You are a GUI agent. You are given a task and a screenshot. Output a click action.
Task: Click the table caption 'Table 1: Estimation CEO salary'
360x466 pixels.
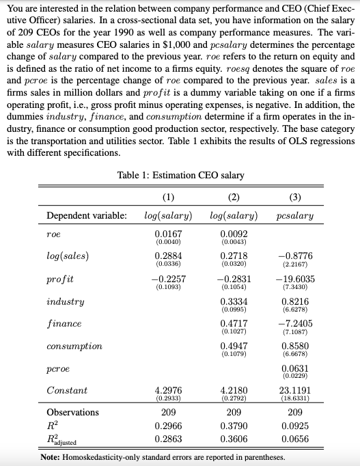pos(180,176)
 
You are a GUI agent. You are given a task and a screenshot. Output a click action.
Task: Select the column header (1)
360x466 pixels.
pos(167,198)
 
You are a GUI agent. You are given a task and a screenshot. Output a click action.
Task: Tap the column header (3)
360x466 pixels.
pos(296,198)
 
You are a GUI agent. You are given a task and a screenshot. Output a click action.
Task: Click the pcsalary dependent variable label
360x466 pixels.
pos(296,216)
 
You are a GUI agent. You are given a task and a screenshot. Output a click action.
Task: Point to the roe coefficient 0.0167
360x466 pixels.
pos(167,234)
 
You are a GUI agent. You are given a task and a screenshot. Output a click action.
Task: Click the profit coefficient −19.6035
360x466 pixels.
pos(296,279)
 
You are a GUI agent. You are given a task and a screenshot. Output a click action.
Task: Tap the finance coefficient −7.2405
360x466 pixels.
pos(296,324)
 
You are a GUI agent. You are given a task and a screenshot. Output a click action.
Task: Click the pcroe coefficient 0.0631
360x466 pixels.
pos(296,369)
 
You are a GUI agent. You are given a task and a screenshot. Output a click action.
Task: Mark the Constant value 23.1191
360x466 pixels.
pos(296,391)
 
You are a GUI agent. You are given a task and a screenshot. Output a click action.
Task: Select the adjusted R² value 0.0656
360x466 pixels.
pos(296,438)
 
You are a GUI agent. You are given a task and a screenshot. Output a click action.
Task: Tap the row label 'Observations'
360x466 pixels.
pos(72,413)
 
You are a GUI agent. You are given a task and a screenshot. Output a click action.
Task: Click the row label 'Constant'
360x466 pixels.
pos(67,391)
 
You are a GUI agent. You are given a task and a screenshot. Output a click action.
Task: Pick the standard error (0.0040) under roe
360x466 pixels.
pos(167,242)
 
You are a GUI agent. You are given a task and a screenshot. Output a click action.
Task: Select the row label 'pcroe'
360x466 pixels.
pos(59,369)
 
